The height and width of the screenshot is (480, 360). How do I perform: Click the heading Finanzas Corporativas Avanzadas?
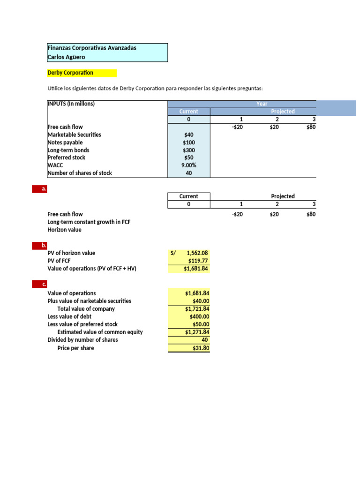(x=92, y=48)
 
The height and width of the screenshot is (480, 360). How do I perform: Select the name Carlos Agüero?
(x=67, y=57)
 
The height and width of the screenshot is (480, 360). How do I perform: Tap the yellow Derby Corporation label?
(x=70, y=73)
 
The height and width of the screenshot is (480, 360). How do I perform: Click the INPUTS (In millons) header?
(x=71, y=104)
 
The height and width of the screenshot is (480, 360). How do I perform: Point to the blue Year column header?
(x=262, y=104)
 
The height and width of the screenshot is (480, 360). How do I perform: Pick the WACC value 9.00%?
(x=188, y=165)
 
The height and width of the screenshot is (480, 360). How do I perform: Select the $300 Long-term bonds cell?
(x=189, y=150)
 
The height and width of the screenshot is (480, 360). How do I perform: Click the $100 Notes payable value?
(x=189, y=142)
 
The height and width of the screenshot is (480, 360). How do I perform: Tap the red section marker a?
(x=44, y=189)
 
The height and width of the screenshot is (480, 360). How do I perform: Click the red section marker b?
(x=44, y=245)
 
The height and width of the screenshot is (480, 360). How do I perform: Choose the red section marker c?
(x=44, y=284)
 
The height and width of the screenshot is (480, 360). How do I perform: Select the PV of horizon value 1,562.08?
(x=197, y=253)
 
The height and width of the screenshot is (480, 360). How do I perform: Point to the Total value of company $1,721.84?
(x=197, y=309)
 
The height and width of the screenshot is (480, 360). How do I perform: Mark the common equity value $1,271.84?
(x=197, y=332)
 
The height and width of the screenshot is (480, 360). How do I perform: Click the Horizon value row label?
(x=64, y=230)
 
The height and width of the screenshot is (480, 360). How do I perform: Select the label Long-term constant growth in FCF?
(x=89, y=222)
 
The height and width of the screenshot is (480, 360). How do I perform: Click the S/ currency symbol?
(x=173, y=253)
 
